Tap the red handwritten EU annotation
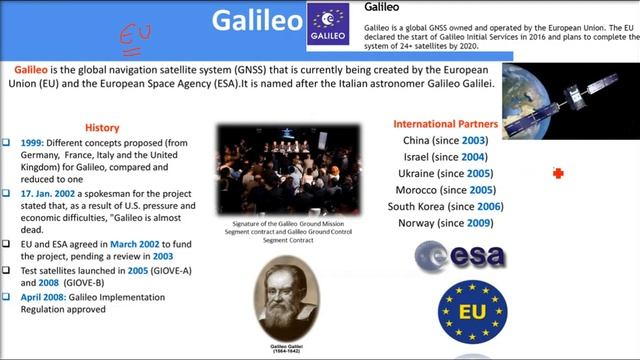coord(134,35)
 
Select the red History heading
coord(102,128)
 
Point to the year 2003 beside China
coord(475,141)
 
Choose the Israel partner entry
coord(446,157)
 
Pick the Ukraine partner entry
coord(446,173)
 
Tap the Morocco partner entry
coord(446,189)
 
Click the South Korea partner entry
coord(446,206)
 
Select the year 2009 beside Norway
coord(478,222)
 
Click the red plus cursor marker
coord(558,174)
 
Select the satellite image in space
coord(570,100)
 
